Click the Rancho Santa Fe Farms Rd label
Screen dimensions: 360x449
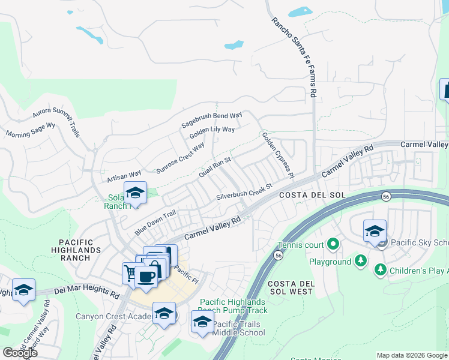click(x=294, y=57)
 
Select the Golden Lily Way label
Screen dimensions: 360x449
click(x=212, y=133)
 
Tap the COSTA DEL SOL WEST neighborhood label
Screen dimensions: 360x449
click(x=291, y=287)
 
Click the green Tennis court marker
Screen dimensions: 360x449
click(x=333, y=245)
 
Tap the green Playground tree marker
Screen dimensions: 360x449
click(x=360, y=262)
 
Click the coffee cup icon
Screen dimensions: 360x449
click(x=145, y=276)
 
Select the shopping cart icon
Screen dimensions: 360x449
click(x=131, y=273)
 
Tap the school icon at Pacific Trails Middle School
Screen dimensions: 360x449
click(x=203, y=322)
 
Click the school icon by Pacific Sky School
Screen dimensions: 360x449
click(x=375, y=230)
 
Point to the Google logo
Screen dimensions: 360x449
click(x=20, y=352)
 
